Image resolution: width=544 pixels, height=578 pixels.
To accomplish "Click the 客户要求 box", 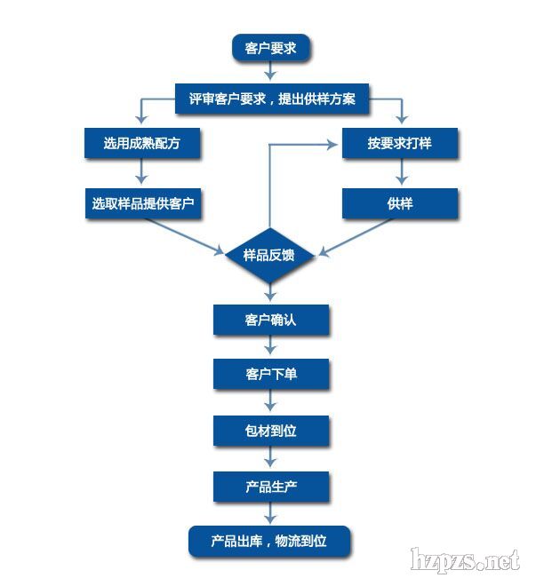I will (270, 47).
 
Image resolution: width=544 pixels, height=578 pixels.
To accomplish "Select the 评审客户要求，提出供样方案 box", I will (271, 99).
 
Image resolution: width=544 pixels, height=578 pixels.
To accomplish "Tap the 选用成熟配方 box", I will (141, 144).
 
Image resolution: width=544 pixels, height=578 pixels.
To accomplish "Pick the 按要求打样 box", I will (400, 144).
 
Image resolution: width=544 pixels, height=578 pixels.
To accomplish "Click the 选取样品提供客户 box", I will (141, 203).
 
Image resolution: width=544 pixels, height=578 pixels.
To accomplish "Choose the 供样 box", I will (400, 203).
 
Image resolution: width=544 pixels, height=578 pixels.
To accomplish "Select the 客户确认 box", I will (270, 320).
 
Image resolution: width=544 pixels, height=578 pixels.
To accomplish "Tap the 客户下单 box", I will (270, 375).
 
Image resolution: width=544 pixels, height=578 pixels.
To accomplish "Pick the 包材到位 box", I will (270, 431).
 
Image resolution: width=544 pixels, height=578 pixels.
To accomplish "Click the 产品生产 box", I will (270, 486).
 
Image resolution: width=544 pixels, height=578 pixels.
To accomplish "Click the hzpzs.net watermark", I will (463, 560).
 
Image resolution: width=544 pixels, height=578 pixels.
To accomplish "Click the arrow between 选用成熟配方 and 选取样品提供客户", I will (141, 174).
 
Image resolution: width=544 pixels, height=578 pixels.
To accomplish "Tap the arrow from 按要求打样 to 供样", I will (400, 174).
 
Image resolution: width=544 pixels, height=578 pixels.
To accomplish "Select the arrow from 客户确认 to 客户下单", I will (270, 347).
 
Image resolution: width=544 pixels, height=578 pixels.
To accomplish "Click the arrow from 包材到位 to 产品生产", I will (270, 458).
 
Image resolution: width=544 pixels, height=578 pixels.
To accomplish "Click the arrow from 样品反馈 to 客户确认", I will (270, 294).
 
